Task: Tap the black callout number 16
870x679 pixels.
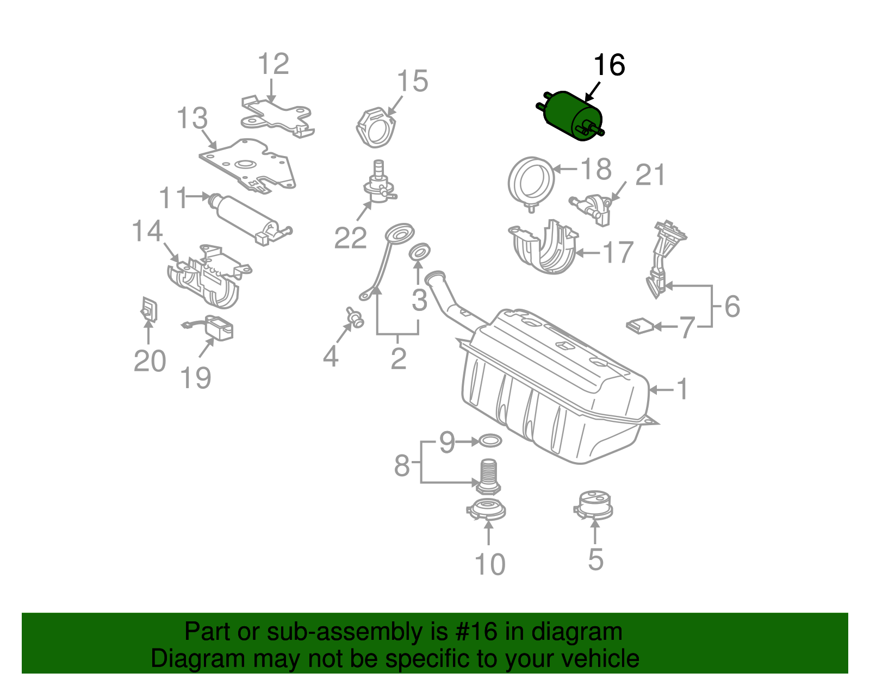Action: pos(609,65)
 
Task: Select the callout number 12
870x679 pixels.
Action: pos(273,64)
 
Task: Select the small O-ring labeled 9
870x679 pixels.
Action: pos(489,440)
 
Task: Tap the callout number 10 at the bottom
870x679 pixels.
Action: pos(490,564)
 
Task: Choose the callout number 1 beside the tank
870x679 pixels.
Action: pos(682,389)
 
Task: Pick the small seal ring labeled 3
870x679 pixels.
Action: pos(419,252)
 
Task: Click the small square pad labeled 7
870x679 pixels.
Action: pos(640,326)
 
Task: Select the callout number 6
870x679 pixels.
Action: pos(732,307)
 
